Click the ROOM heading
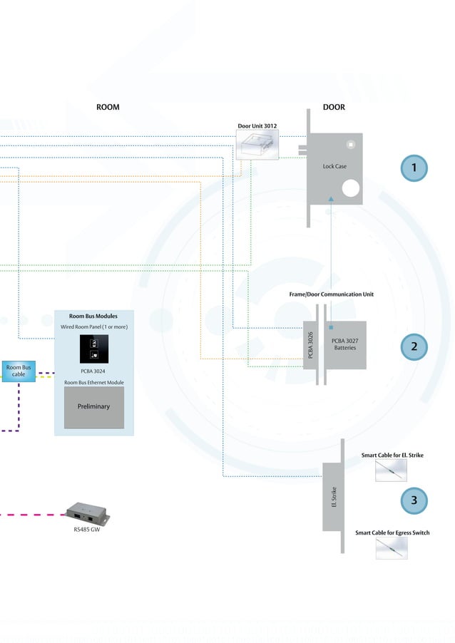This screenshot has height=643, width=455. point(108,107)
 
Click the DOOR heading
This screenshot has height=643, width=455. point(334,107)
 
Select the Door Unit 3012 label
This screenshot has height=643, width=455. point(257,126)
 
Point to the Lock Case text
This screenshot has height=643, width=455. point(334,166)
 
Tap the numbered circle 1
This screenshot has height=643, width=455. point(413,168)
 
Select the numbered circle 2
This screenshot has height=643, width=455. point(413,346)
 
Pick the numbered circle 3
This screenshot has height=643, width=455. point(413,500)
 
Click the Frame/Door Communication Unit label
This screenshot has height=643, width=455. point(331,294)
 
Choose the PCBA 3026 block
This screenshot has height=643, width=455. point(311,345)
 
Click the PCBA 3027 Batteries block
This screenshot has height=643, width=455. point(345,345)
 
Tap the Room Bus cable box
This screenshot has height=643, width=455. point(19,371)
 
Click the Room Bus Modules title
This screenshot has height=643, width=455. point(93,315)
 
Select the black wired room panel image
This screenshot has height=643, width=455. point(93,349)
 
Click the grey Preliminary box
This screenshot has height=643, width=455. point(93,406)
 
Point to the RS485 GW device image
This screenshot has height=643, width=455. point(87,512)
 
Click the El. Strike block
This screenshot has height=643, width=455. point(334,497)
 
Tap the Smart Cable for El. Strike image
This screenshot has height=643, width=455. point(391,470)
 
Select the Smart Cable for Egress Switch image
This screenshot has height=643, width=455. point(391,547)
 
